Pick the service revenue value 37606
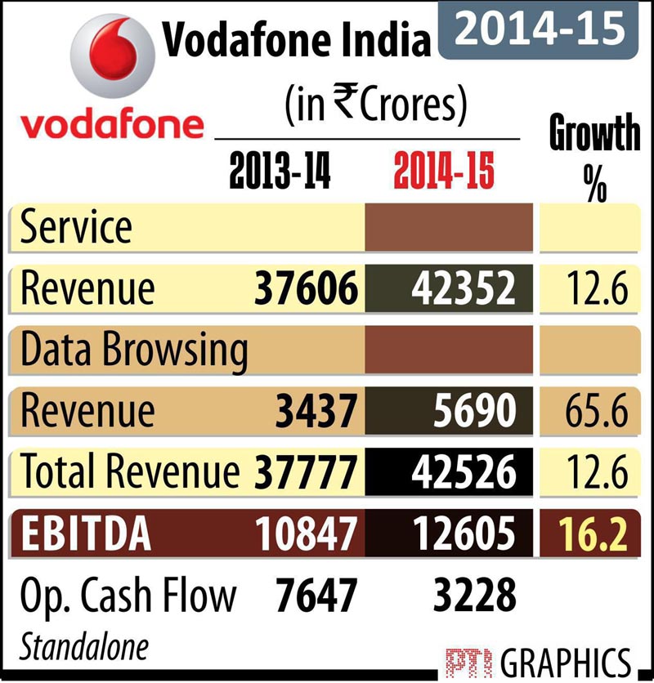point(306,288)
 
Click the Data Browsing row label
point(134,350)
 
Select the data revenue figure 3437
point(316,410)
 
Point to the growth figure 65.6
point(595,410)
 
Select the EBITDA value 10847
point(306,534)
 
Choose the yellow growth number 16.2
point(595,534)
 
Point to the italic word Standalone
point(85,646)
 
